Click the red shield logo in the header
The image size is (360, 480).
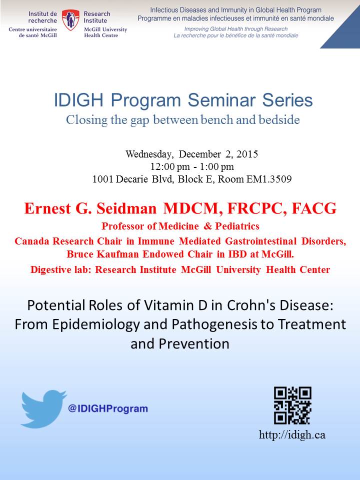coord(70,20)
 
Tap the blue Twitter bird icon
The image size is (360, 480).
coord(43,408)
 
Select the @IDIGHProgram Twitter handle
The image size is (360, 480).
coord(108,408)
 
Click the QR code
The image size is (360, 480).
coord(292,405)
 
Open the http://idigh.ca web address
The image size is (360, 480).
coord(292,435)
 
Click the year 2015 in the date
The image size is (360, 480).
coord(247,153)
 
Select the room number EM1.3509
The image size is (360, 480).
coord(269,179)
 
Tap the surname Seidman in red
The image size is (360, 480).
coord(126,208)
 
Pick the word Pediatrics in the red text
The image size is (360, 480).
coord(237,226)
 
